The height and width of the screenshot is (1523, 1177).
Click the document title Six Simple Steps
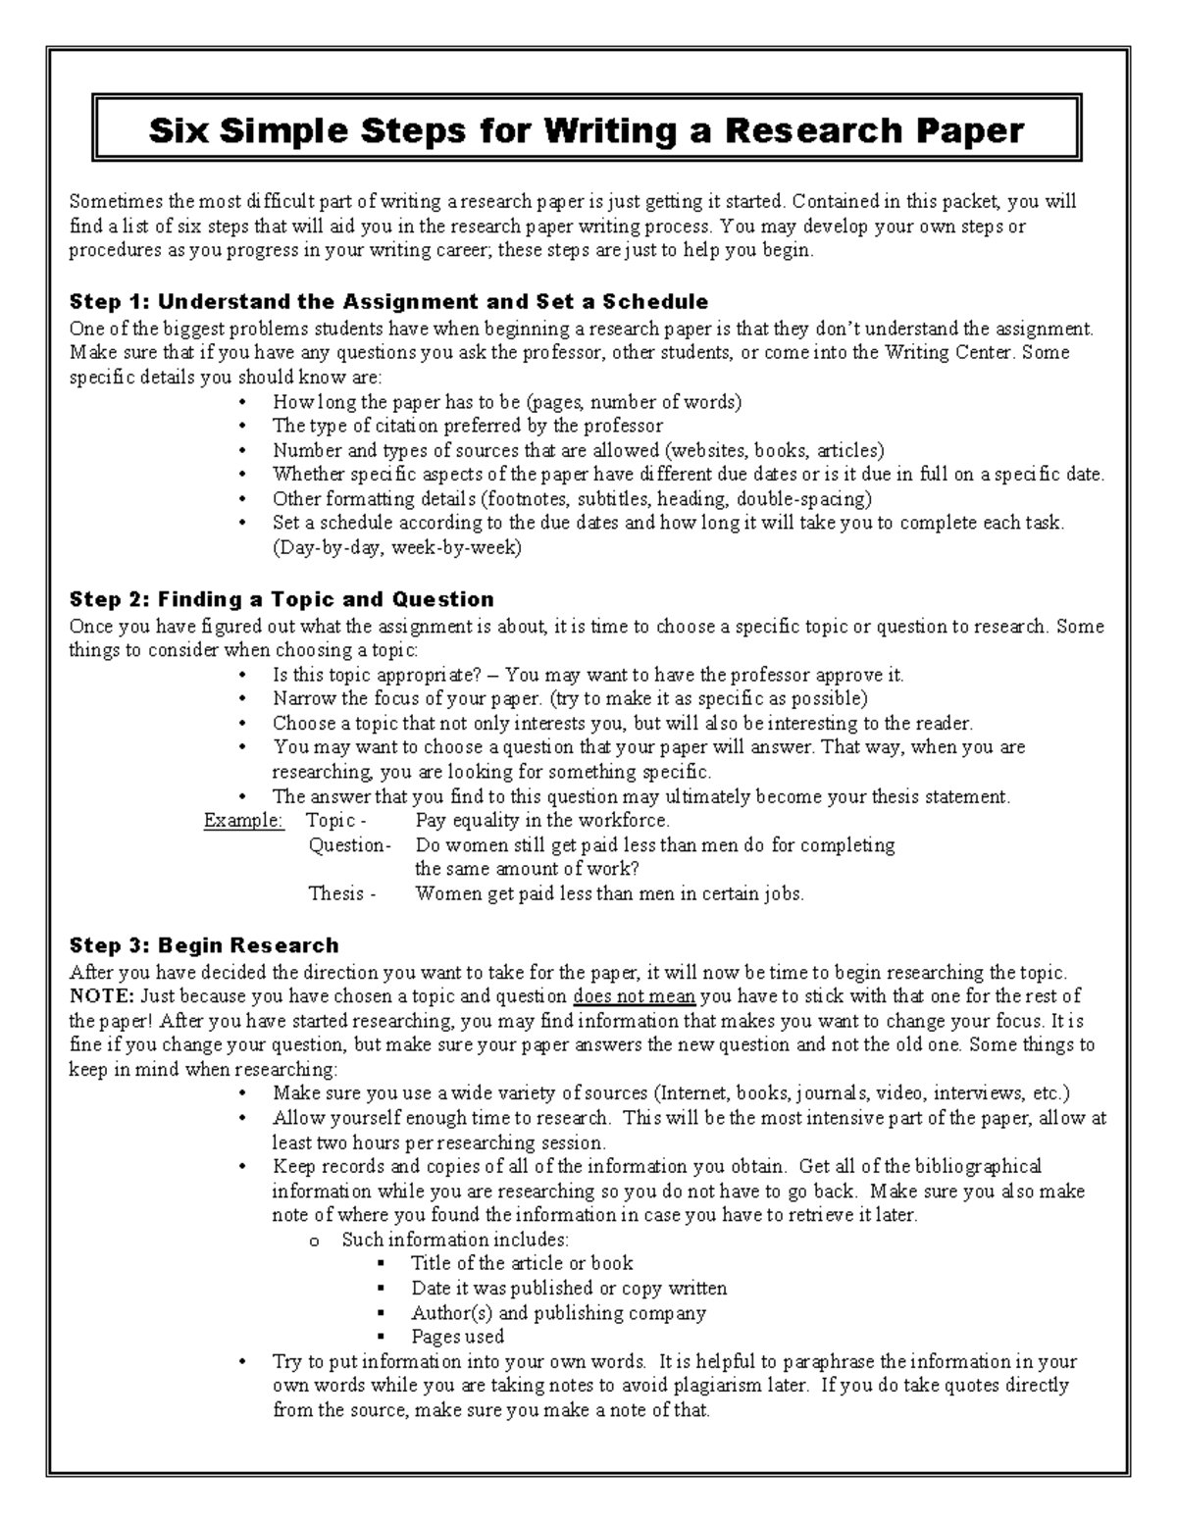[x=586, y=129]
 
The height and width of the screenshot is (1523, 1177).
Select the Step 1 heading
[x=388, y=300]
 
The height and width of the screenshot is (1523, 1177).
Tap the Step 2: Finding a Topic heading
[x=281, y=598]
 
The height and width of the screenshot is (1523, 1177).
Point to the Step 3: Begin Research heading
[x=204, y=945]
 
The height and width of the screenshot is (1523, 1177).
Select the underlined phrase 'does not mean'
[x=634, y=996]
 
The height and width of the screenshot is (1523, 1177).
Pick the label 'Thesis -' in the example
[x=342, y=893]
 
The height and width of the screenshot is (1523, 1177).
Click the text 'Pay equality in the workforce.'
[x=542, y=820]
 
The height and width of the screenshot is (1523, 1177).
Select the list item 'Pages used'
[x=457, y=1336]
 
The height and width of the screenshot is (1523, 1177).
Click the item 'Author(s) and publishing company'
[x=558, y=1312]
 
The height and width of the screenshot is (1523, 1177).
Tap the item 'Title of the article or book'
[x=522, y=1263]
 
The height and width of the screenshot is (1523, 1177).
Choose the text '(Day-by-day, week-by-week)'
[x=397, y=547]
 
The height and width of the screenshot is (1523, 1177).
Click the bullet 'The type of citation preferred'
[x=467, y=426]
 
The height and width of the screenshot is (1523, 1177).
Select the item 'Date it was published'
[x=569, y=1288]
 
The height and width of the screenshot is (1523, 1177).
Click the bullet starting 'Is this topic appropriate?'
[x=588, y=675]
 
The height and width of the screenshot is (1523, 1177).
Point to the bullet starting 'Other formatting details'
[x=572, y=498]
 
